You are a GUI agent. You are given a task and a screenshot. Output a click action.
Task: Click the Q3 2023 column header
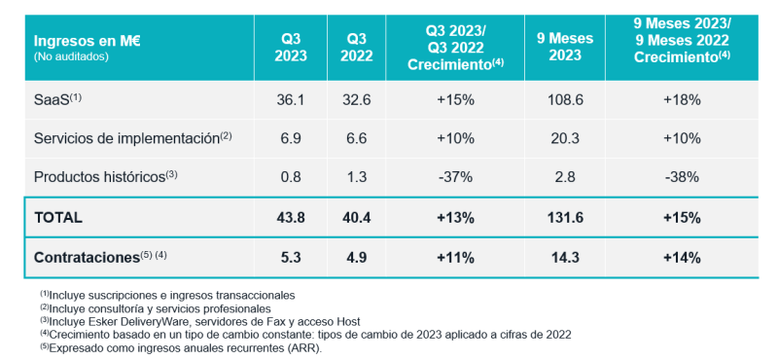tap(290, 48)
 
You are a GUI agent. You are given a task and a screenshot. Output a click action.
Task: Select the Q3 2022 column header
tap(356, 48)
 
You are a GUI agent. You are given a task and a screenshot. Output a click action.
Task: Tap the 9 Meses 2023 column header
tap(565, 46)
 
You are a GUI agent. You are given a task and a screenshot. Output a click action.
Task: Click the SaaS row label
tap(57, 99)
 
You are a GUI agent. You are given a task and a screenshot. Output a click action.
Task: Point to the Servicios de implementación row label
tap(132, 138)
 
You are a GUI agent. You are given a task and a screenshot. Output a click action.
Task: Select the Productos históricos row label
tap(105, 176)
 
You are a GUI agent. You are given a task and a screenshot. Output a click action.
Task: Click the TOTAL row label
tap(58, 218)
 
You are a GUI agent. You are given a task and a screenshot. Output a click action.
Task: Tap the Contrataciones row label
tap(100, 258)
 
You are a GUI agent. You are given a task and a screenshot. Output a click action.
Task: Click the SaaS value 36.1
tap(290, 100)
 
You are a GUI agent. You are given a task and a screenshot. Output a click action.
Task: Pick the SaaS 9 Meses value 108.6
tap(565, 100)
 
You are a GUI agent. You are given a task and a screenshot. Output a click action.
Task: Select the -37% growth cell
tap(455, 177)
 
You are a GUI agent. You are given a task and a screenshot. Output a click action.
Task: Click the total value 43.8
tap(290, 218)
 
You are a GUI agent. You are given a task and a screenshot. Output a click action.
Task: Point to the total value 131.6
tap(565, 218)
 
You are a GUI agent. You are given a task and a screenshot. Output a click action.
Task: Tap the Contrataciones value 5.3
tap(290, 258)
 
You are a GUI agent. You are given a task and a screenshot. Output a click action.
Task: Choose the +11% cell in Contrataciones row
tap(455, 258)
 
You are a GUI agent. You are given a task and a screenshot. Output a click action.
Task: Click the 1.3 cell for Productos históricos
tap(356, 177)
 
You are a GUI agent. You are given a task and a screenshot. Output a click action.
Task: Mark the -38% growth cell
tap(682, 177)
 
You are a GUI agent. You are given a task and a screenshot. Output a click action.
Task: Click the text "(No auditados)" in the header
tap(70, 56)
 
